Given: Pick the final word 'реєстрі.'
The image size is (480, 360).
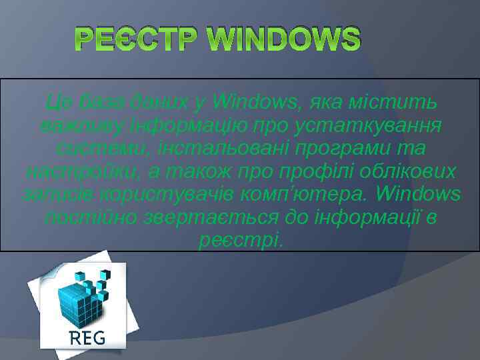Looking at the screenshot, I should tap(241, 239).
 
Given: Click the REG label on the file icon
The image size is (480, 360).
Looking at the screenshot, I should tap(87, 337).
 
